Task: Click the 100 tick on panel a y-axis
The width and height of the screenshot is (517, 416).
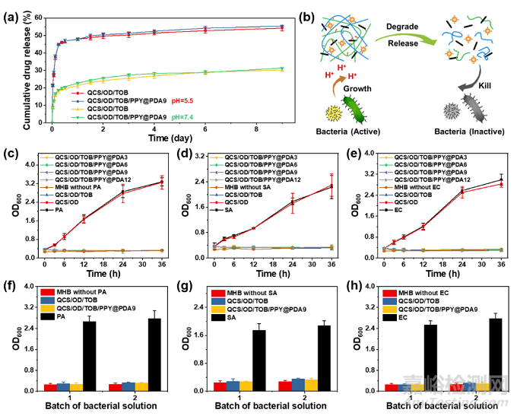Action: pyautogui.click(x=35, y=14)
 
